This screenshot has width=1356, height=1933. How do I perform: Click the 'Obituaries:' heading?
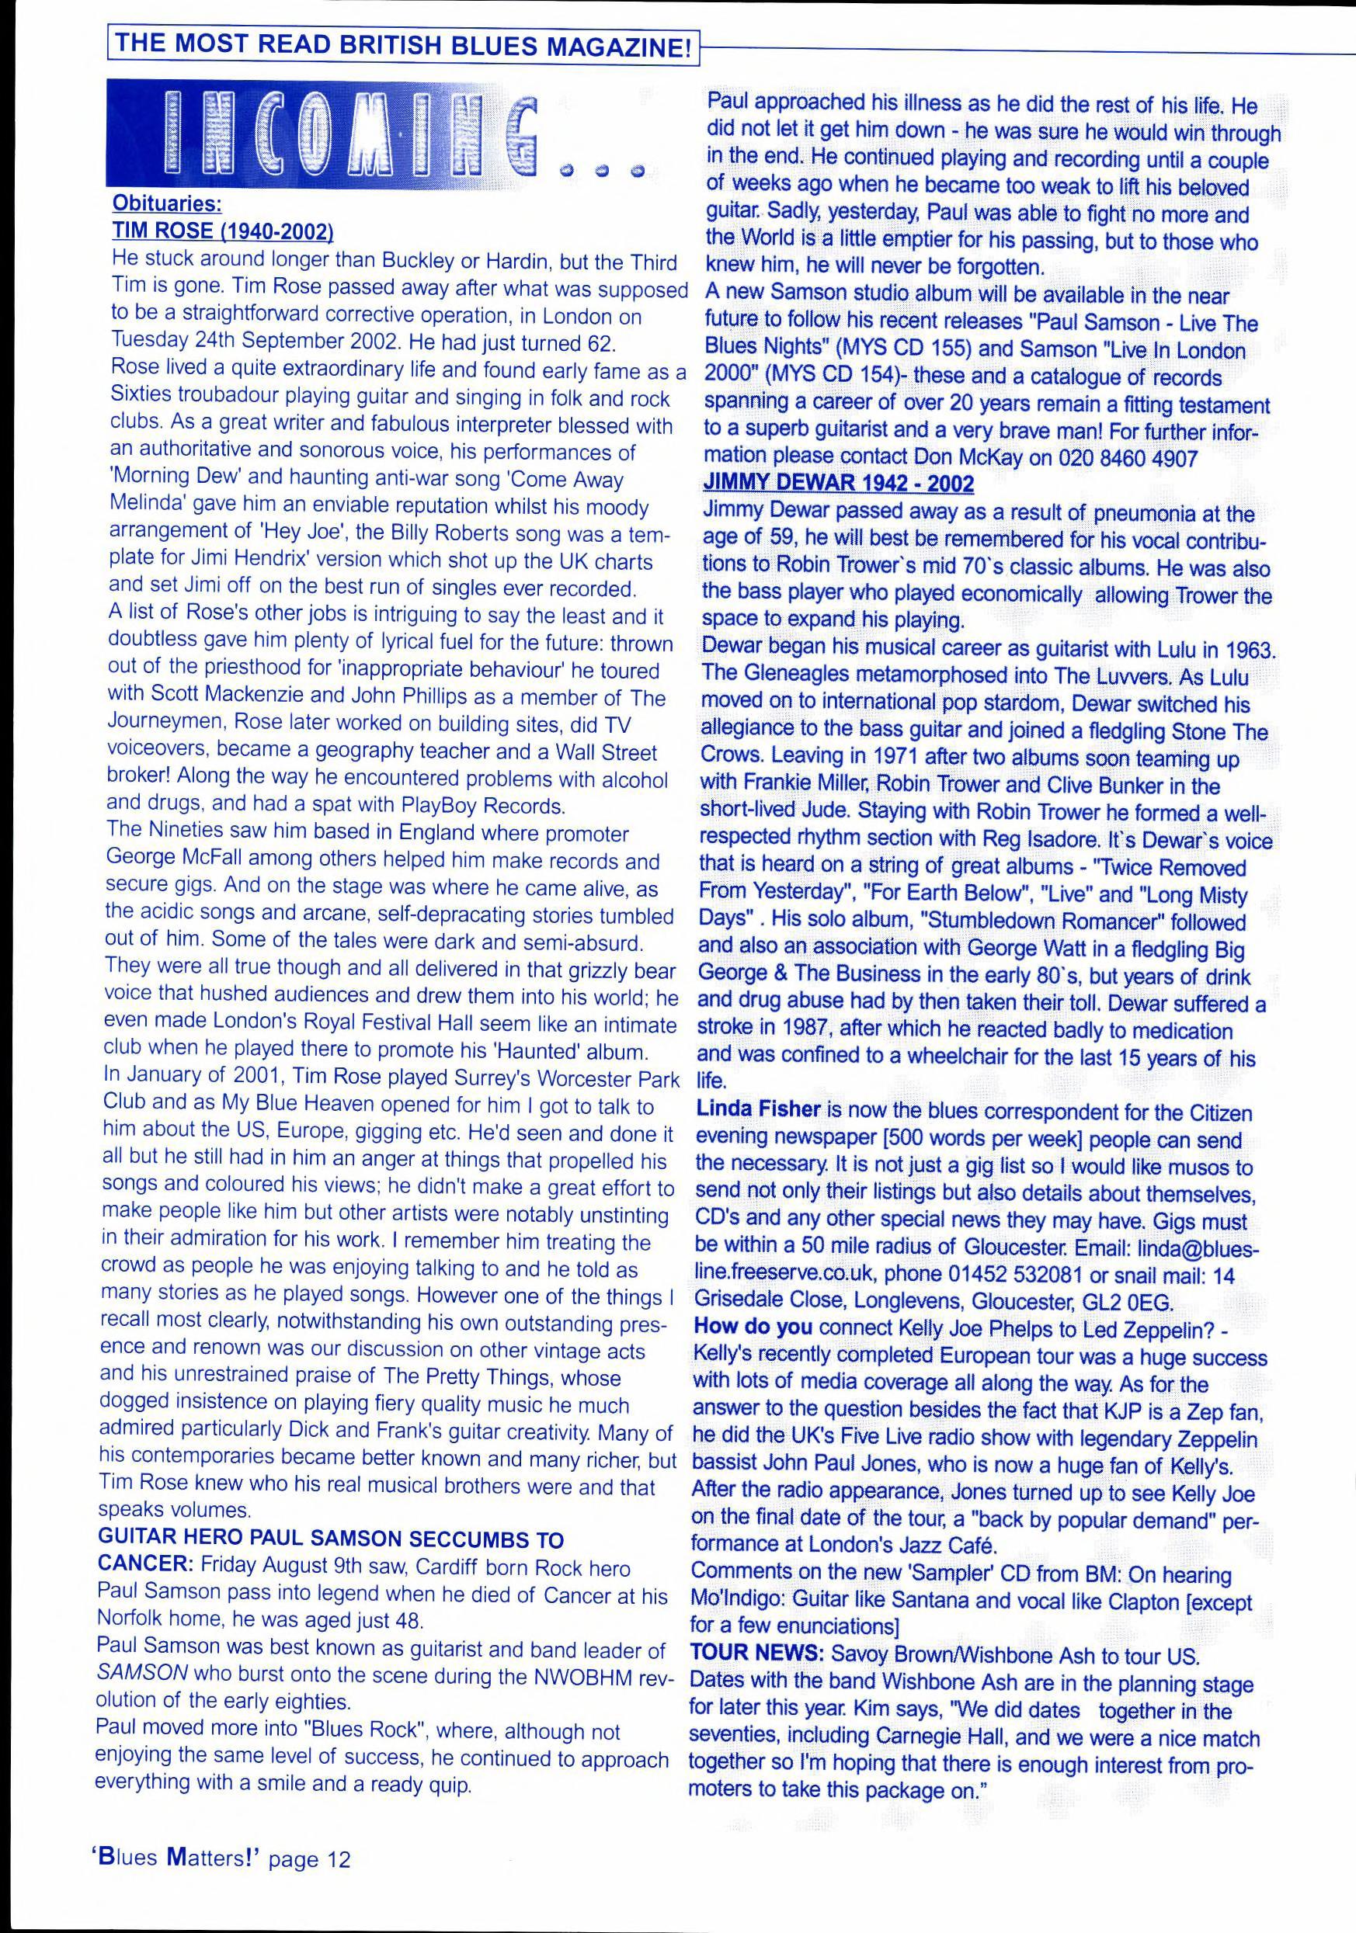click(167, 205)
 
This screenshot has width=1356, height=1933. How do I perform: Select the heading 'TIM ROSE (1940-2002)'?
click(223, 231)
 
